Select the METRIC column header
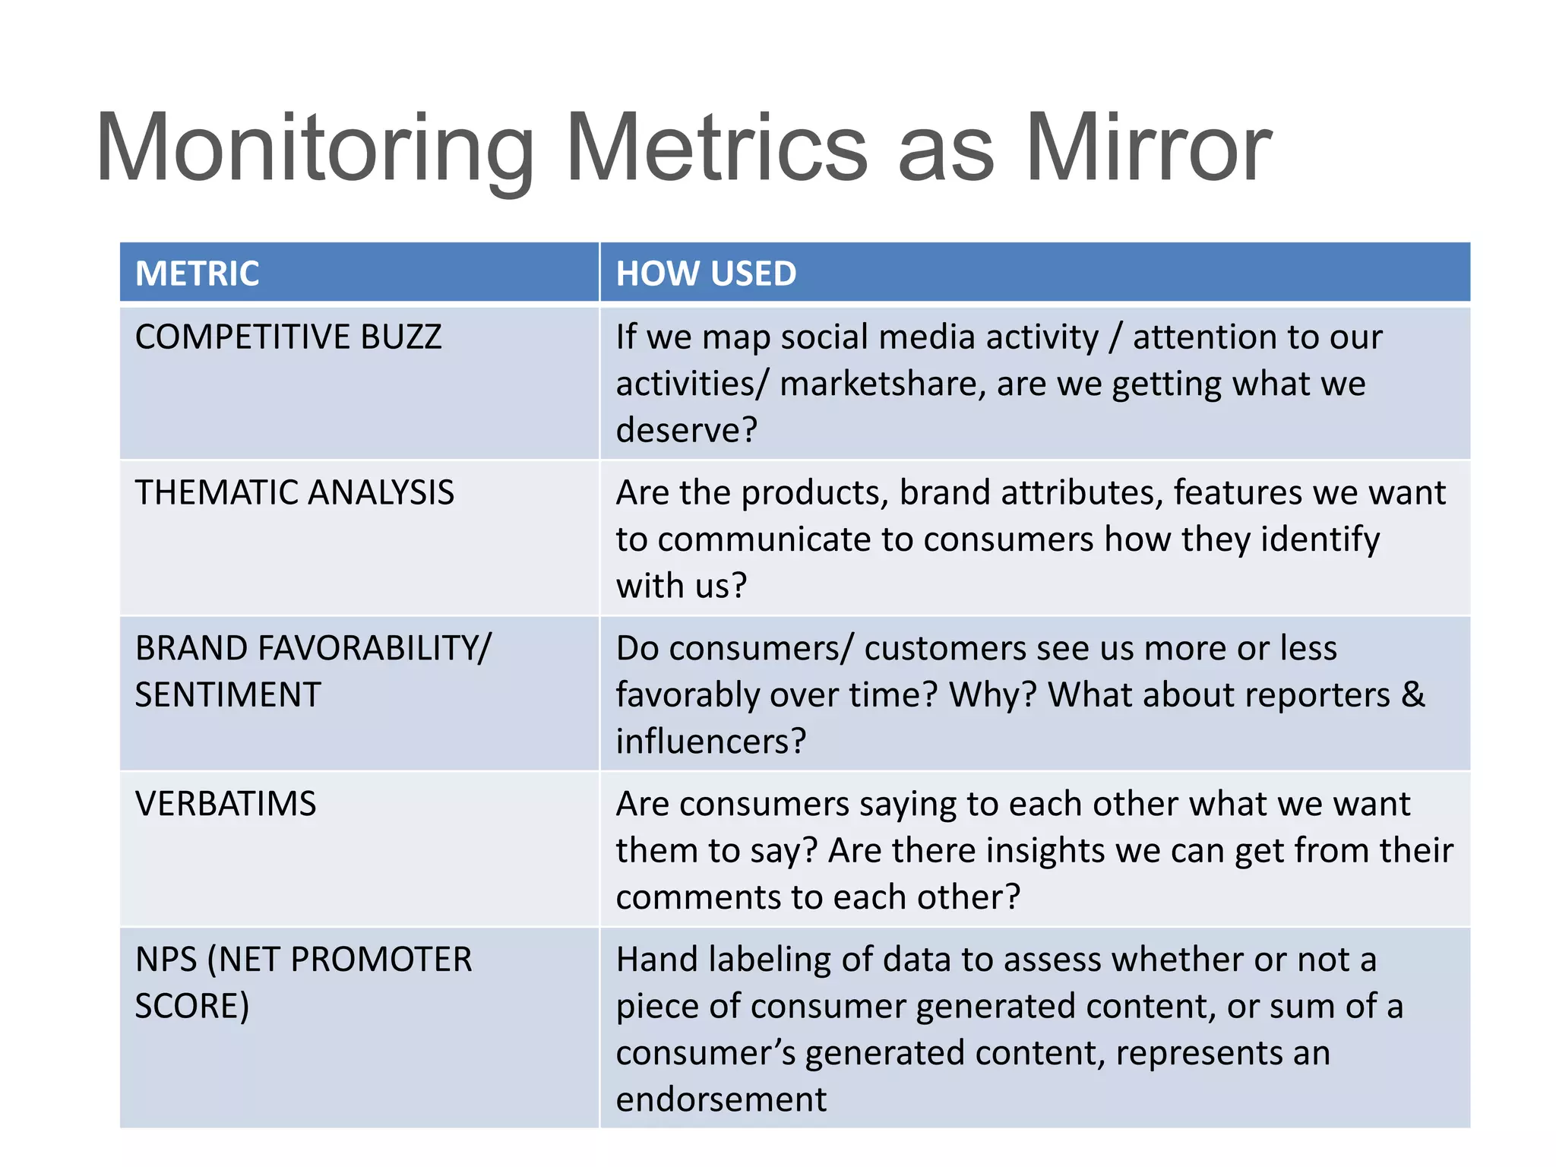[198, 274]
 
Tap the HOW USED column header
[706, 274]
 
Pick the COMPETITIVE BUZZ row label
[289, 337]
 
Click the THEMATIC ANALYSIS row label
[295, 492]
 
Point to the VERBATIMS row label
[226, 804]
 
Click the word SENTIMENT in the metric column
[228, 695]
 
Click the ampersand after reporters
[1413, 695]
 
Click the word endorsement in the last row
[721, 1099]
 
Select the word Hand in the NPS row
[656, 960]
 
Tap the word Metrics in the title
[716, 148]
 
